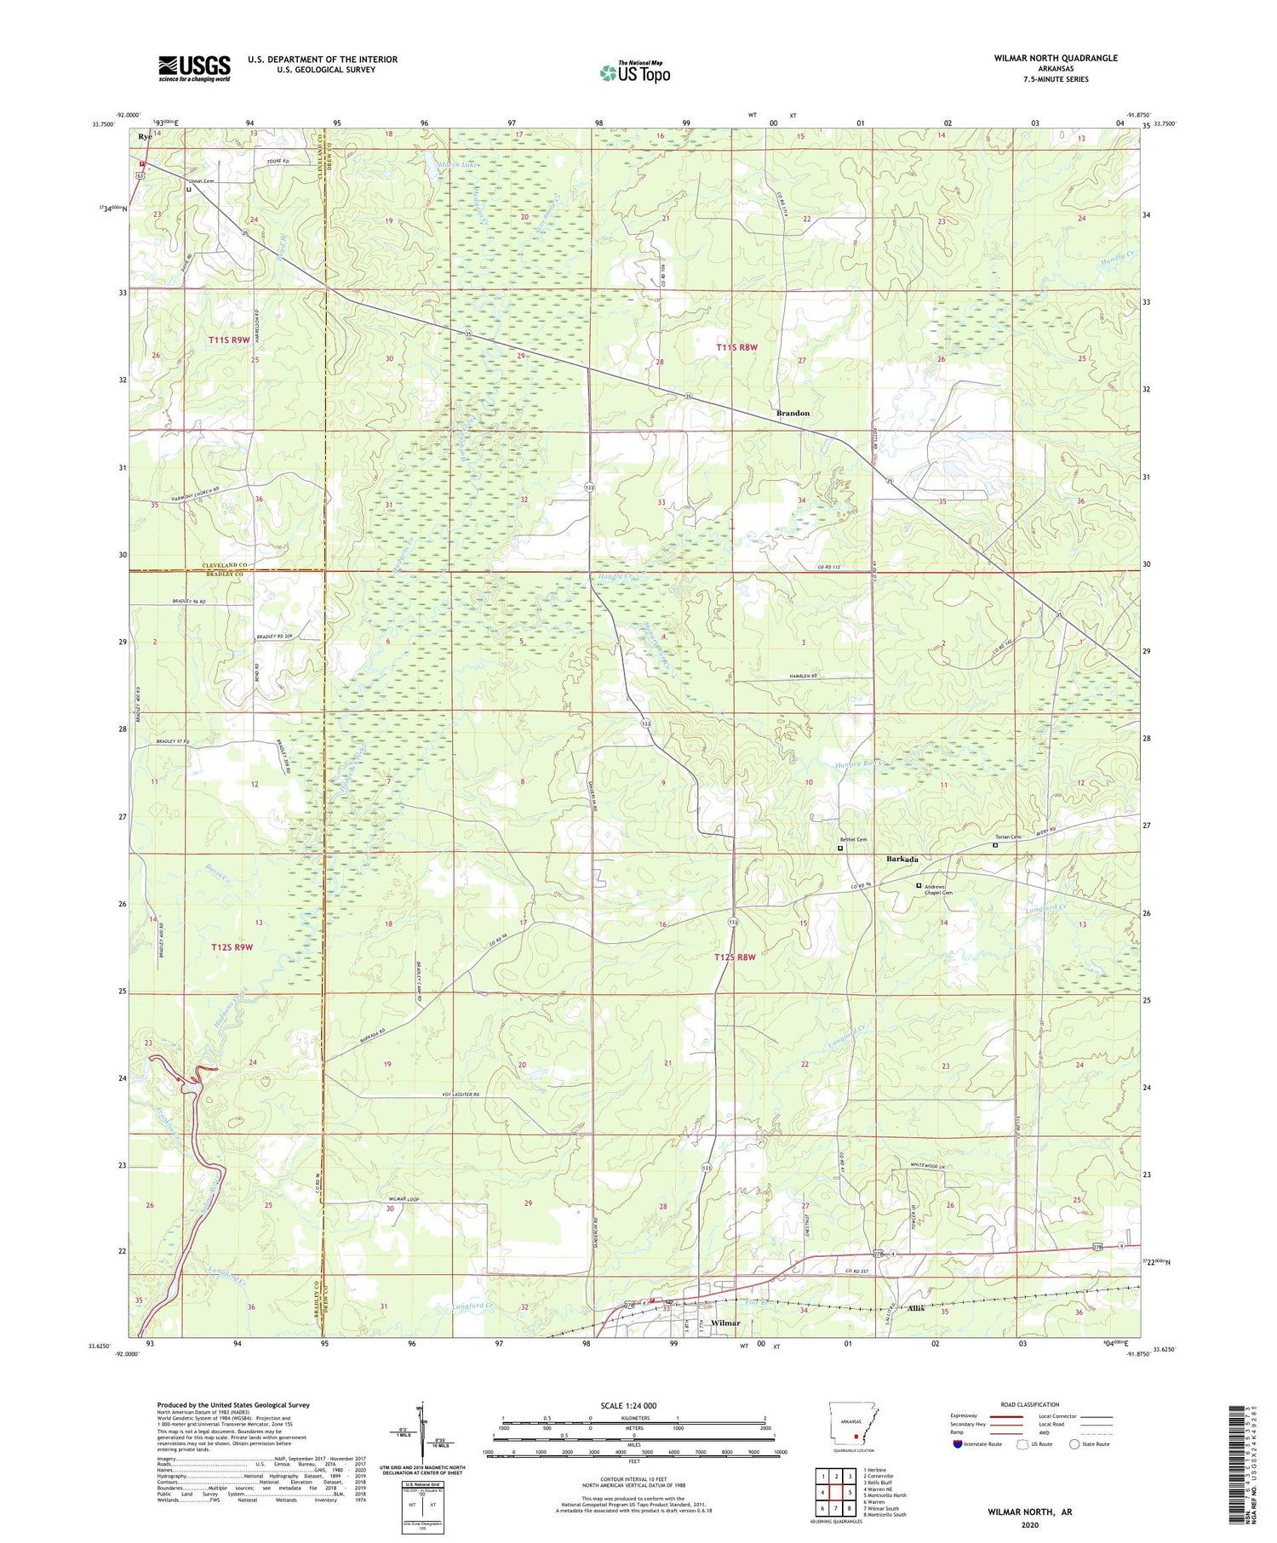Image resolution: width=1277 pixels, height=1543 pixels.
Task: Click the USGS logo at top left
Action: [x=194, y=68]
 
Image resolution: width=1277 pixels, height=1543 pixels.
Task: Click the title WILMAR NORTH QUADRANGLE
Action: [x=1056, y=58]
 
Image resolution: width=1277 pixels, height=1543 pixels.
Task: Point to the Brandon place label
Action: [x=793, y=413]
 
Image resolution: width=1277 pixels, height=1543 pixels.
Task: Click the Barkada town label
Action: [x=902, y=860]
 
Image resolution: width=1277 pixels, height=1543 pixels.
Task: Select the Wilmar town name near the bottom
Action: [x=724, y=1323]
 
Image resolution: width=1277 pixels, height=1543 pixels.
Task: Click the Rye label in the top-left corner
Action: [x=146, y=135]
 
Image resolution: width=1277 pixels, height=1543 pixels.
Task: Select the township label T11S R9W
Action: [x=229, y=340]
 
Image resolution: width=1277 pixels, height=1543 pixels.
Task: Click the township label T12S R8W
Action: [x=735, y=957]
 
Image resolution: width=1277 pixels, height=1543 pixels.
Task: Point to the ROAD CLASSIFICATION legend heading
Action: [x=1030, y=1404]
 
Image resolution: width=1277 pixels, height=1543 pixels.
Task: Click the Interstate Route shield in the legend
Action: [x=958, y=1444]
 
